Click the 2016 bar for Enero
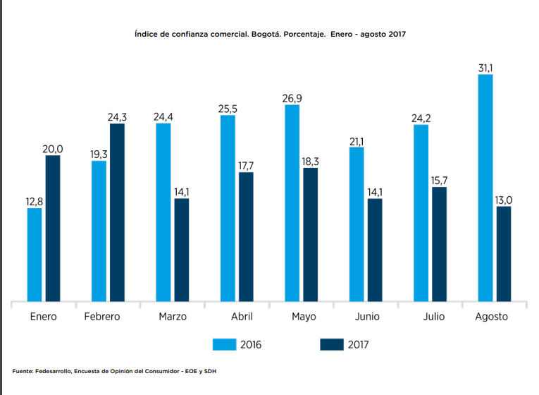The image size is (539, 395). click(x=35, y=255)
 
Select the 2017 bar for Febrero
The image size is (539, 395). click(x=117, y=212)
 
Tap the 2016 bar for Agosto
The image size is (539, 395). click(x=485, y=188)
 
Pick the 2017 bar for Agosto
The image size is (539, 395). click(x=503, y=254)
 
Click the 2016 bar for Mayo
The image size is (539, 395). click(x=292, y=203)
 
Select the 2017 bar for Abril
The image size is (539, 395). click(x=246, y=237)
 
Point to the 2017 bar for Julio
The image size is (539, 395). click(x=439, y=244)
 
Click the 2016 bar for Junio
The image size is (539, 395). click(x=357, y=224)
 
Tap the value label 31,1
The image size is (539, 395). click(x=485, y=68)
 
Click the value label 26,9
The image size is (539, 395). click(x=292, y=98)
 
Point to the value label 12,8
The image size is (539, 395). click(x=35, y=202)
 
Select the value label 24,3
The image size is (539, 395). click(x=117, y=117)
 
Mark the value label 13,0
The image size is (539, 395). click(x=503, y=200)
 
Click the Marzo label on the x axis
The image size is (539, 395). click(x=173, y=317)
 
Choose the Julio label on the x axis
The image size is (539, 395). click(x=434, y=317)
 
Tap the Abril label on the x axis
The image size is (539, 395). click(x=242, y=317)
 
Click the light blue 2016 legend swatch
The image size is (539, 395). click(x=224, y=344)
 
